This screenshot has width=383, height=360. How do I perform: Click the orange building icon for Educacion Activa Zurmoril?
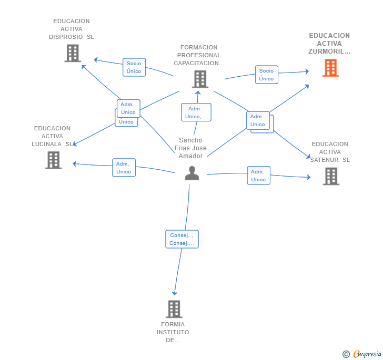point(330,68)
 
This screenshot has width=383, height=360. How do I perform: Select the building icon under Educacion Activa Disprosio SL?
point(73,53)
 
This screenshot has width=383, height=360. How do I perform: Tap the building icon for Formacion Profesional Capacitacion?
point(200,79)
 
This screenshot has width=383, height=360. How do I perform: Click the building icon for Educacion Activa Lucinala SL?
point(54,160)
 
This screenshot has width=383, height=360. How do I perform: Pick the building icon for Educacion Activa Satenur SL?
point(331,176)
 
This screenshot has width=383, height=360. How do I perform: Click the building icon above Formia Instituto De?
point(174,309)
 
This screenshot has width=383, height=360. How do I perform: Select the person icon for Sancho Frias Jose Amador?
point(192,173)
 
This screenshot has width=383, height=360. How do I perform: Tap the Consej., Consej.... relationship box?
point(182,239)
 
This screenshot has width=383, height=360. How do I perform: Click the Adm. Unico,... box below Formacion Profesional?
point(196,112)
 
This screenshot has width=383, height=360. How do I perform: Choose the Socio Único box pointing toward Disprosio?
point(134,67)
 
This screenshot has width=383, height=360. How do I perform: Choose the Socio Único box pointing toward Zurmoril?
point(267,75)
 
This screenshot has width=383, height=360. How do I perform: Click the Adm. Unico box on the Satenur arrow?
point(258,176)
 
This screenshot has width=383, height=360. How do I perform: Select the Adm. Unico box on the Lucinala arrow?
point(124,168)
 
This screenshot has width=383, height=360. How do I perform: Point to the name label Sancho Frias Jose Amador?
point(190,148)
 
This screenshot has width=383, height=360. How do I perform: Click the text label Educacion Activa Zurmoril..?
point(329,44)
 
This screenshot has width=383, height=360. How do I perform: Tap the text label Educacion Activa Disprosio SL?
point(72,29)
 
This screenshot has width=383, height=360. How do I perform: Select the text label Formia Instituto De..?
point(173,332)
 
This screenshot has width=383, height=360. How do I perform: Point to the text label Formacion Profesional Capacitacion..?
point(199,55)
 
